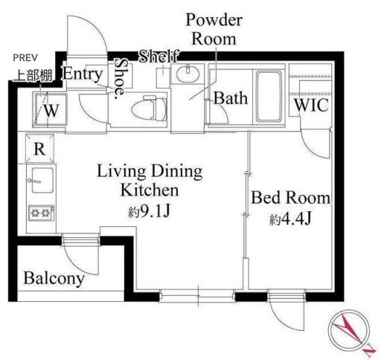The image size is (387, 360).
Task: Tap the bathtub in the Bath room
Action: pyautogui.click(x=269, y=96)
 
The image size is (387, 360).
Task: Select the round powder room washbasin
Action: pyautogui.click(x=188, y=73)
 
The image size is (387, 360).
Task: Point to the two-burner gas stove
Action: pyautogui.click(x=42, y=213)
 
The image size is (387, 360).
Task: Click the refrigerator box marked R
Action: pyautogui.click(x=39, y=149)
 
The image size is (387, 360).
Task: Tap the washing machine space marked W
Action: pyautogui.click(x=51, y=110)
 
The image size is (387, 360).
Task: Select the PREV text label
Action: pyautogui.click(x=25, y=58)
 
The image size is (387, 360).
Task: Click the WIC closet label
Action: pyautogui.click(x=312, y=105)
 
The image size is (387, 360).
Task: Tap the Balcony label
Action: pyautogui.click(x=54, y=278)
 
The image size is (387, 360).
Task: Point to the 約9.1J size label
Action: pyautogui.click(x=150, y=211)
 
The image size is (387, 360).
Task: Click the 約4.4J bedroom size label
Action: pyautogui.click(x=290, y=219)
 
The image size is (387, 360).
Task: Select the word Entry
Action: pyautogui.click(x=83, y=74)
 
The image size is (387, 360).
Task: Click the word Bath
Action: pyautogui.click(x=231, y=98)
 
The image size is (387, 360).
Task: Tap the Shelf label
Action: pyautogui.click(x=159, y=56)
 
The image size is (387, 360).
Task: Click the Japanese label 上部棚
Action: pyautogui.click(x=33, y=76)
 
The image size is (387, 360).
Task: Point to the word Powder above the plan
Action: pyautogui.click(x=214, y=20)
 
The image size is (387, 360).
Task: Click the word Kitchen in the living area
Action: pyautogui.click(x=150, y=190)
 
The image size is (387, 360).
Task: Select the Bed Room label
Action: pyautogui.click(x=291, y=198)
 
